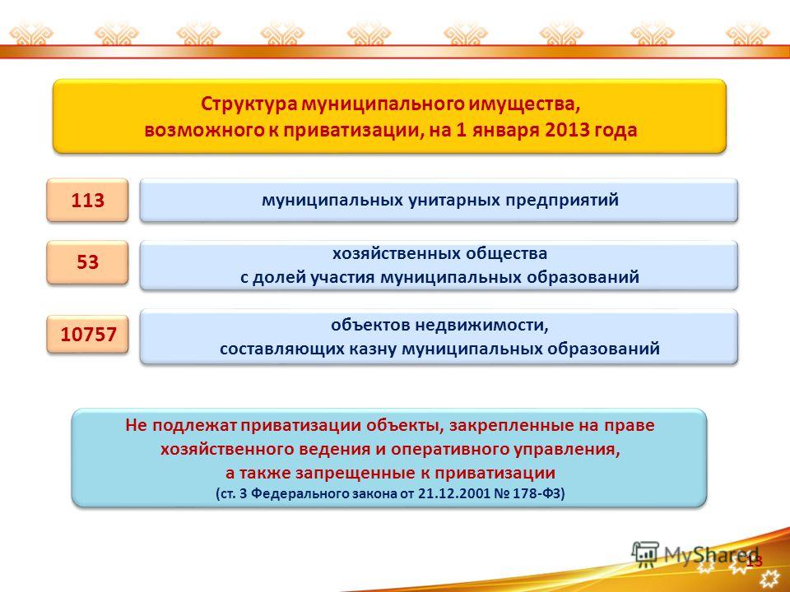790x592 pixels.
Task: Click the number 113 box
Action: (88, 200)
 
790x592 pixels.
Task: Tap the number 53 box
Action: (88, 262)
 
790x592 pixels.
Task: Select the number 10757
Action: (89, 334)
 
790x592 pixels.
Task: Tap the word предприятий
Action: (562, 201)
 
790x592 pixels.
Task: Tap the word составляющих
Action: (280, 349)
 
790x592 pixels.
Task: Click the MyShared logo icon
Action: (645, 553)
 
